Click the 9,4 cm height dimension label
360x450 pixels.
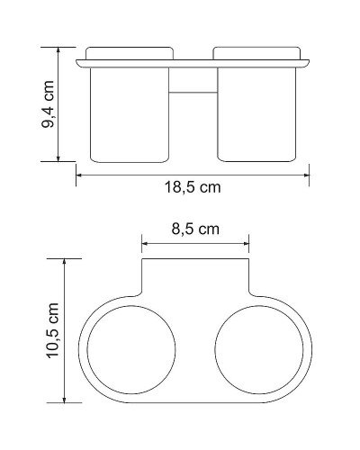click(49, 103)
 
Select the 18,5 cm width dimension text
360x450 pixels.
click(193, 188)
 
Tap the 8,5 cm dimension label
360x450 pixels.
click(195, 229)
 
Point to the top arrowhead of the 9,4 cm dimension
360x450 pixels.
click(60, 49)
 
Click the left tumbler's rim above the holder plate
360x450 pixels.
click(130, 51)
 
